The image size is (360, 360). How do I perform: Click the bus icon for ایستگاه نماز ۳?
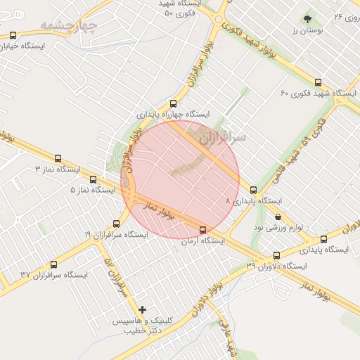point(58,159)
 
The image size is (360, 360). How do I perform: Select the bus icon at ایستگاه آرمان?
point(203,230)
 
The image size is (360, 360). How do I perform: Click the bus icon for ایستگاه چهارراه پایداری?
point(173,103)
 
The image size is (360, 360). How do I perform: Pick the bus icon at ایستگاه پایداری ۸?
point(253,190)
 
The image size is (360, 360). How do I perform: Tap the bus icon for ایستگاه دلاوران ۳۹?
point(276,256)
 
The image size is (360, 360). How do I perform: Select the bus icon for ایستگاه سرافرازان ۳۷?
point(53,264)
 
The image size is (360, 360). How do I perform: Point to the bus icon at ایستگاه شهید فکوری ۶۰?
point(319,82)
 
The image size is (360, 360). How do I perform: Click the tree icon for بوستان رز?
point(307,19)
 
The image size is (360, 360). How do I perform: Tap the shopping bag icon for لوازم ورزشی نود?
point(279,217)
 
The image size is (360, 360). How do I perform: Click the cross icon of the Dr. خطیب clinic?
point(143,309)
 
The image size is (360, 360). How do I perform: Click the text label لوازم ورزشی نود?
point(280,228)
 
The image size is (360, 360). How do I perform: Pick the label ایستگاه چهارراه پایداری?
point(173,114)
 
